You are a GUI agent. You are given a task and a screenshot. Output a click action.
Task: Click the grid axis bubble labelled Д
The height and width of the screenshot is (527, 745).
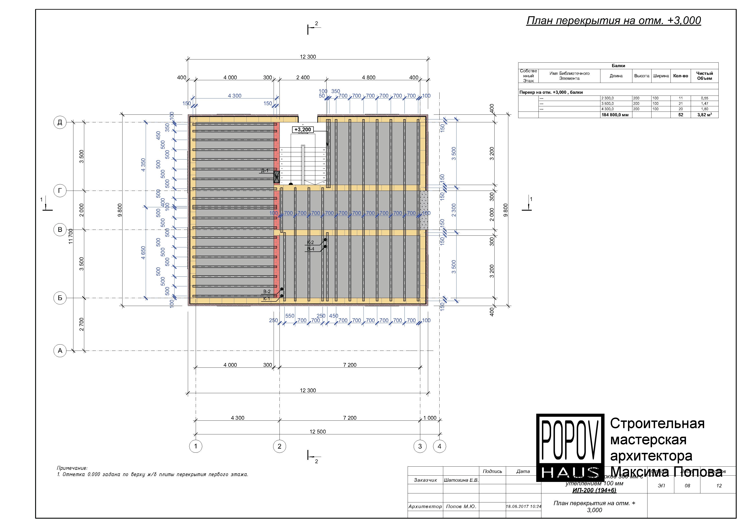point(60,122)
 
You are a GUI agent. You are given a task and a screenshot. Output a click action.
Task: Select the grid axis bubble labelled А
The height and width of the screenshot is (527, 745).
point(60,351)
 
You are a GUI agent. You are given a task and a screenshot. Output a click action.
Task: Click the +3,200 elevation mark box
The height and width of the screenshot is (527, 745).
point(302,130)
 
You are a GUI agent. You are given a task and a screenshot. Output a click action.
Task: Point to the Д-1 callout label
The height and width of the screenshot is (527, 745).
point(265,171)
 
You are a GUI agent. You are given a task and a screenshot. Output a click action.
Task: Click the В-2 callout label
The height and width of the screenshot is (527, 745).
point(267,292)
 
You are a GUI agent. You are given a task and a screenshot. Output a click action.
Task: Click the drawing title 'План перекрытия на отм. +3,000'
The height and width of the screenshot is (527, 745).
point(613,21)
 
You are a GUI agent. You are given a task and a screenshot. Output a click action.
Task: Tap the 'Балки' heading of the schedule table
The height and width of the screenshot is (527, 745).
point(618,66)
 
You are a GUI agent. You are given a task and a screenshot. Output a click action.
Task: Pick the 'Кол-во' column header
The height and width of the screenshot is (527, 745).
point(680,76)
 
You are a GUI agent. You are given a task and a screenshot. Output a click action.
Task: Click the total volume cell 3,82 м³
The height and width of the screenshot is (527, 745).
point(704,115)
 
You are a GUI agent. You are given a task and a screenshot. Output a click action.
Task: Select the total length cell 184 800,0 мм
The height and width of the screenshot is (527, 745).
point(615,115)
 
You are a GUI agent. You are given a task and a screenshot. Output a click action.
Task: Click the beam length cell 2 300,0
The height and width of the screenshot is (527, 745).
point(607,98)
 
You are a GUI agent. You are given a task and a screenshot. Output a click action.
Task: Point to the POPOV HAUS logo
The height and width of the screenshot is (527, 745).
point(570,447)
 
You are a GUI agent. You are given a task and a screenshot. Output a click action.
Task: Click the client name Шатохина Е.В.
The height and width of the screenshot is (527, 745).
point(461,480)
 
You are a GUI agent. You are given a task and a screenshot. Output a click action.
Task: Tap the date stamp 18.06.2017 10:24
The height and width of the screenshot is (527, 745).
point(523,506)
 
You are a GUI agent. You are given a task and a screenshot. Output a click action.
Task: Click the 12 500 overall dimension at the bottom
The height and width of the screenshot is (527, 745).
point(317,431)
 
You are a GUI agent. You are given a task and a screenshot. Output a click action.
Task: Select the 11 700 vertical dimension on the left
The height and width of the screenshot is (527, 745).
point(71,236)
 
